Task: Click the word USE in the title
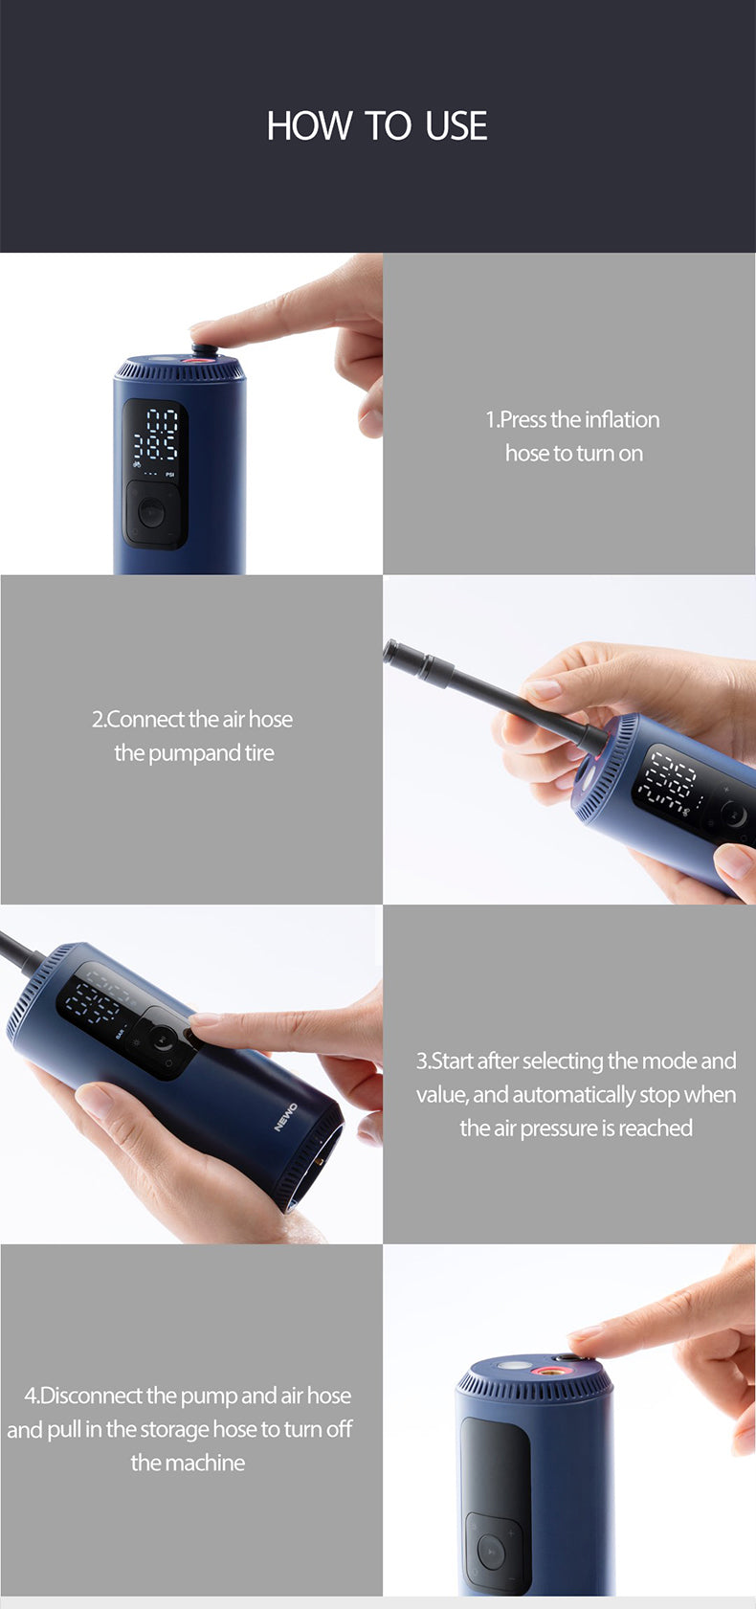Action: tap(456, 125)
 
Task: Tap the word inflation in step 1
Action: tap(622, 419)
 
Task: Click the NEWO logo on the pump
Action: tap(285, 1118)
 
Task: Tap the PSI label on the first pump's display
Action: tap(170, 475)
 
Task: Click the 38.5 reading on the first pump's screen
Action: tap(156, 448)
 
